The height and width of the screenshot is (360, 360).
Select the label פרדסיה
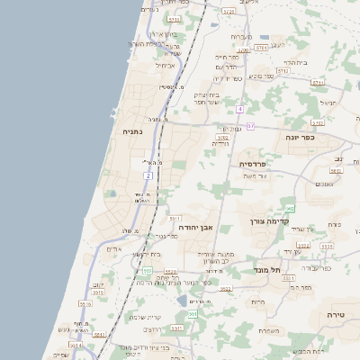click(x=252, y=165)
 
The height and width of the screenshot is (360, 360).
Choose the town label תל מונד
click(x=269, y=269)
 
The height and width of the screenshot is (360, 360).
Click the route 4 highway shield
click(x=240, y=109)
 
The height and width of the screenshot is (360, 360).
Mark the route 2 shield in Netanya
click(x=148, y=175)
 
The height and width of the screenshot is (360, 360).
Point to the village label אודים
click(x=113, y=248)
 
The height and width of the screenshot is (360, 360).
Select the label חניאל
click(x=327, y=103)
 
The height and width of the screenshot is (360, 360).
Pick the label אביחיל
click(x=166, y=65)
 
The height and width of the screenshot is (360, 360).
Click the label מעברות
click(x=241, y=36)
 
